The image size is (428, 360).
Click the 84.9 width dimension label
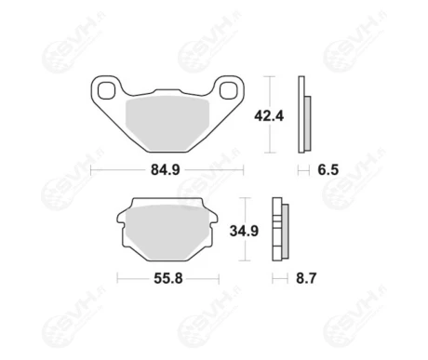(x=166, y=170)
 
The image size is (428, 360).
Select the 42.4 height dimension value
(x=269, y=116)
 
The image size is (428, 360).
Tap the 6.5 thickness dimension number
(x=328, y=170)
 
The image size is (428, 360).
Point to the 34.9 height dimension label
(x=244, y=231)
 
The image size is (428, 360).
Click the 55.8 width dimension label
(x=168, y=278)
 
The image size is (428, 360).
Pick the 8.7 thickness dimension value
(x=306, y=278)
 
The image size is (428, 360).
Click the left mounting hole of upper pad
(x=106, y=90)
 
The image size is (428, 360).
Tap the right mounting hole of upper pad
(x=228, y=90)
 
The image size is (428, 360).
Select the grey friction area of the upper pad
(x=167, y=124)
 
